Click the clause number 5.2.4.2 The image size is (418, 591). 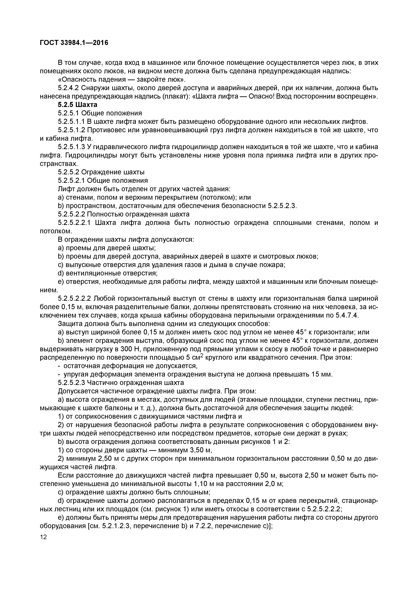tap(68, 88)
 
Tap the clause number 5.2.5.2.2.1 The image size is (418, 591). tap(74, 223)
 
